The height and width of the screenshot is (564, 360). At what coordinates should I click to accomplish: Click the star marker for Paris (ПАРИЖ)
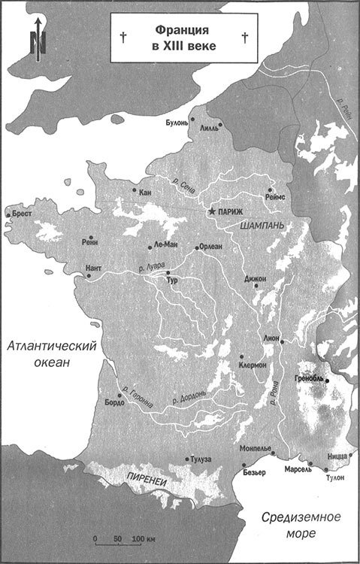[213, 213]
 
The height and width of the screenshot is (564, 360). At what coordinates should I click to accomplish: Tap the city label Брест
[22, 214]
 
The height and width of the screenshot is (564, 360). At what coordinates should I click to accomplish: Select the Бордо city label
[115, 402]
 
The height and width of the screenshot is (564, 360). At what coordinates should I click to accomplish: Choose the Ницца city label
[337, 455]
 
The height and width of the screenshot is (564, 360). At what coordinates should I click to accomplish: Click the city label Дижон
[256, 278]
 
